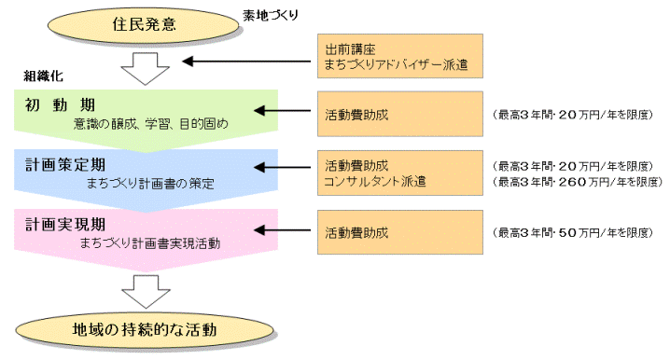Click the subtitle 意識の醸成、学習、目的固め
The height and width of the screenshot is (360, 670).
(x=149, y=122)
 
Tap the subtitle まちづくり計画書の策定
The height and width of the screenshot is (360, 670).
(x=149, y=183)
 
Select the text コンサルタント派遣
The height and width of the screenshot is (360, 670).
(x=374, y=179)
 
